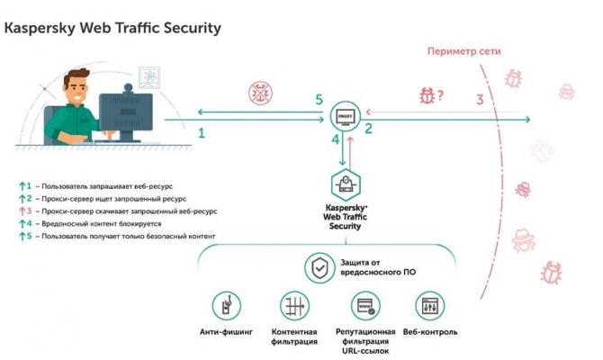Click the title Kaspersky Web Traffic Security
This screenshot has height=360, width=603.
(x=113, y=28)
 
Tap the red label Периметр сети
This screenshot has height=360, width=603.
(x=463, y=51)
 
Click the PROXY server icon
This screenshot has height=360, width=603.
(x=344, y=114)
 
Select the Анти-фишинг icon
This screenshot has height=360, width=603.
(x=226, y=305)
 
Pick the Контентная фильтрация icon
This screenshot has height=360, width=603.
(x=294, y=305)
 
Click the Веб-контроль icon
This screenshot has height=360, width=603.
(x=430, y=305)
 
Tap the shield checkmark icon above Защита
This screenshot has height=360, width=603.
(x=319, y=267)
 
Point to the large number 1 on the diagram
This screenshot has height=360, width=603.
(x=201, y=133)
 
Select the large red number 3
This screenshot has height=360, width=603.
(x=480, y=99)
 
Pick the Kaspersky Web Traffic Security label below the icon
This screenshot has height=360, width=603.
(x=347, y=216)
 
